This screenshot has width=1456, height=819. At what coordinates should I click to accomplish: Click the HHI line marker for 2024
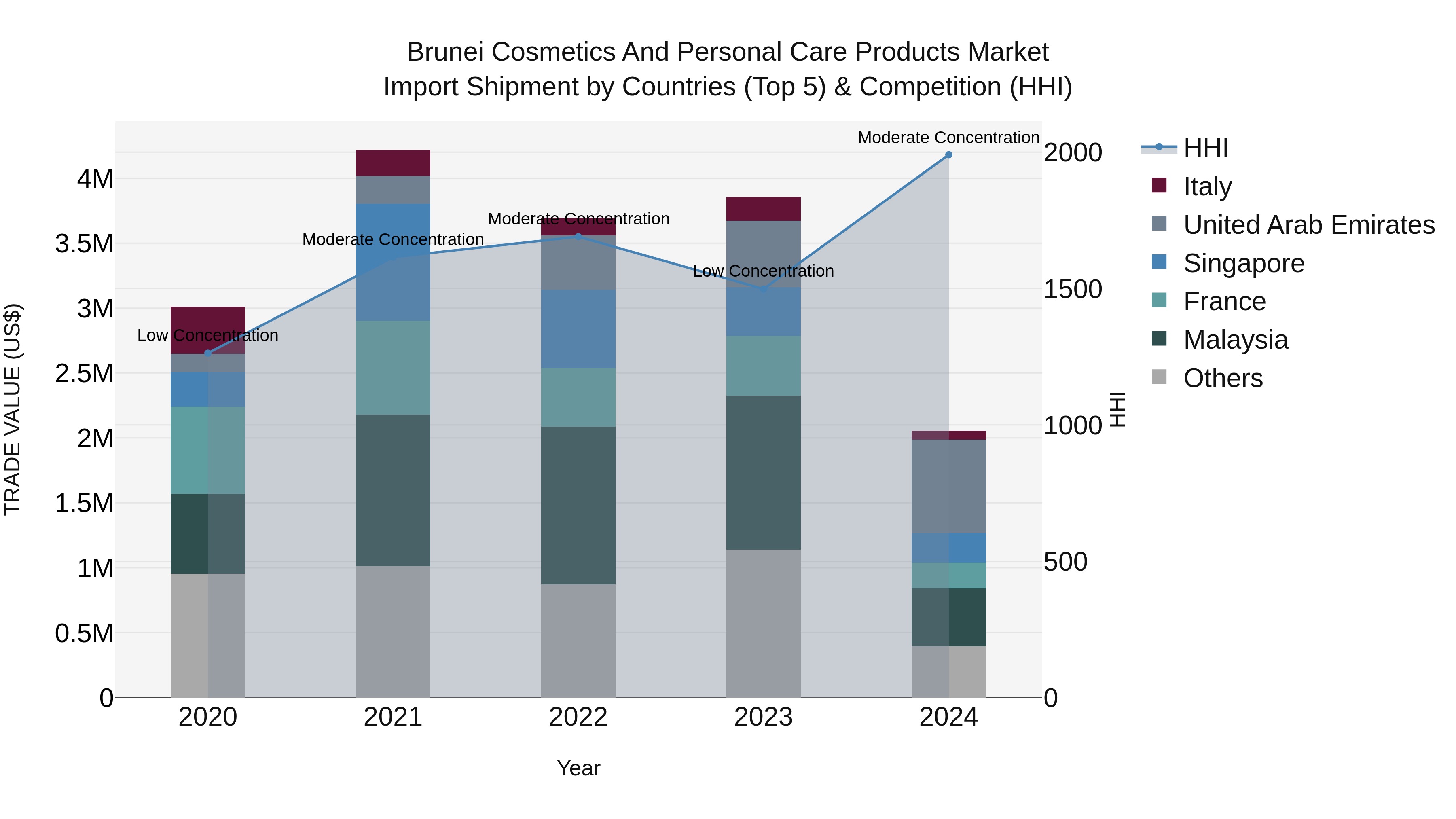click(948, 155)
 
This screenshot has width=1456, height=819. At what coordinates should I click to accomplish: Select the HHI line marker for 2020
click(207, 353)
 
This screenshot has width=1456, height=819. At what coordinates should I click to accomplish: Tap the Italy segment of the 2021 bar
click(393, 163)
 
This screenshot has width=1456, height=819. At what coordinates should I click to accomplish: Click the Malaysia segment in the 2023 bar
click(763, 472)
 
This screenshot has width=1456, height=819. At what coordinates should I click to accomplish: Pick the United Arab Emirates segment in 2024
click(948, 486)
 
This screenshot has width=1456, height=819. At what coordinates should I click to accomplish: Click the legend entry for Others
click(1223, 378)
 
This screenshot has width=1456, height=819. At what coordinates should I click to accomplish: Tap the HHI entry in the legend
click(1205, 148)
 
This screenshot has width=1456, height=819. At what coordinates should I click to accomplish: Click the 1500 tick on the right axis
click(1072, 290)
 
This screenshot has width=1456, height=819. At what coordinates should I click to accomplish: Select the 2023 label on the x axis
click(763, 717)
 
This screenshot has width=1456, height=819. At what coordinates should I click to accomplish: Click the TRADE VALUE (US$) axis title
click(13, 409)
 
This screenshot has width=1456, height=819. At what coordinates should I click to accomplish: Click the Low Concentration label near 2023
click(763, 271)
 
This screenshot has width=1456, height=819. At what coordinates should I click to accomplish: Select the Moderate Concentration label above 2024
click(948, 138)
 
